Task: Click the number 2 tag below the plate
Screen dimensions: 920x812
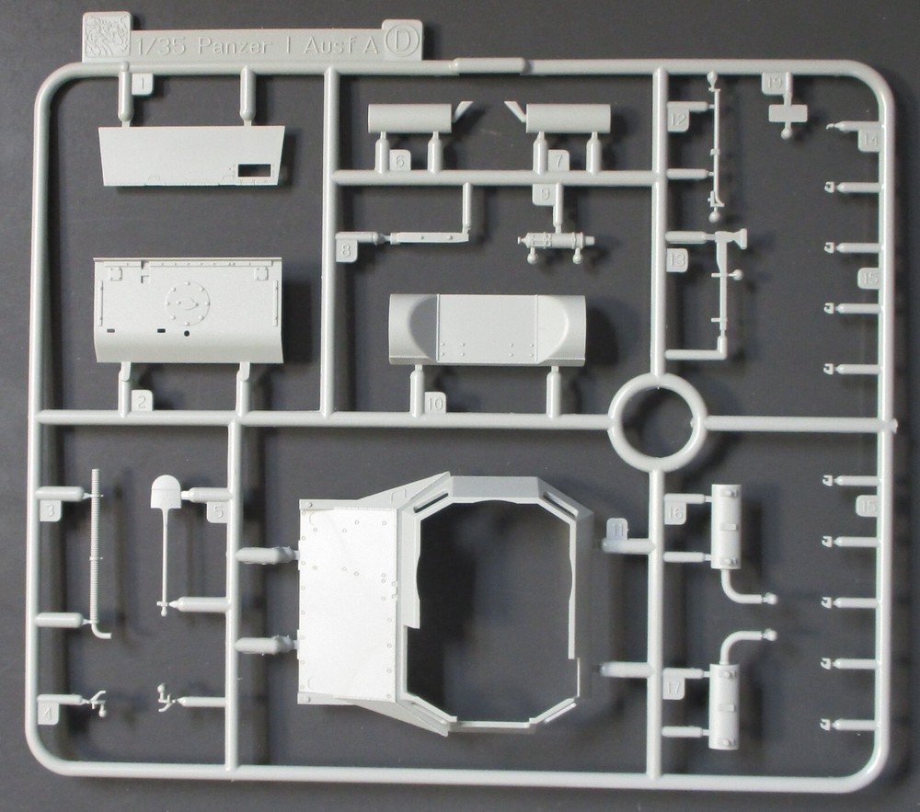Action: coord(142,401)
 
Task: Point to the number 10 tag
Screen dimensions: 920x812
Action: coord(435,403)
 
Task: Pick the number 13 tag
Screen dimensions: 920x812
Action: coord(678,262)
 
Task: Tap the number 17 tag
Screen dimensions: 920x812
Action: coord(675,685)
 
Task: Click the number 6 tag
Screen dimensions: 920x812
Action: coord(399,160)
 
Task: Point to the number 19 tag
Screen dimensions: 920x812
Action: coord(774,83)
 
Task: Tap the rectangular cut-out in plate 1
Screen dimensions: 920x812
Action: coord(253,171)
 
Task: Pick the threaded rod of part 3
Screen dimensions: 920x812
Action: coord(98,552)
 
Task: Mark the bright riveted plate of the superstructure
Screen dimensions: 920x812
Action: coord(348,602)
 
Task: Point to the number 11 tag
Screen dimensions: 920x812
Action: coord(617,529)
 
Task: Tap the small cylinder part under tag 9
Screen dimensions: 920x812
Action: coord(557,242)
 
